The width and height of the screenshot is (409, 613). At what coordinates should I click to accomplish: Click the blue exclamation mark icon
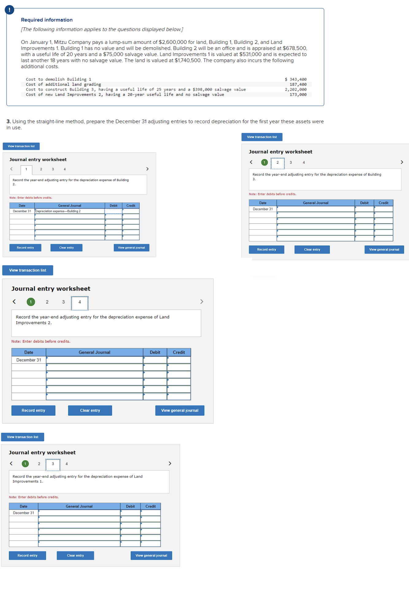point(9,10)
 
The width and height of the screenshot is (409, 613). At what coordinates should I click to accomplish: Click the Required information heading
point(47,20)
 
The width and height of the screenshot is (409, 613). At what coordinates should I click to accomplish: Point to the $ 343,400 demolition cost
point(295,79)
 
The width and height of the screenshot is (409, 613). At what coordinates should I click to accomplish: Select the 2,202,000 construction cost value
point(295,89)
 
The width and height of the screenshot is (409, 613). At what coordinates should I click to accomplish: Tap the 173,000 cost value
point(298,95)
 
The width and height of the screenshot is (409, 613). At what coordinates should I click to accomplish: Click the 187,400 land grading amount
point(298,85)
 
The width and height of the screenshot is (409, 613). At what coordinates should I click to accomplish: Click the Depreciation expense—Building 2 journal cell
point(69,211)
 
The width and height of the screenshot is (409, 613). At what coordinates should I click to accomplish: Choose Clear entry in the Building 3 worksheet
point(312,249)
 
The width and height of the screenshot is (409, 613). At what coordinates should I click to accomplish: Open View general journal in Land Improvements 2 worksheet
point(179,410)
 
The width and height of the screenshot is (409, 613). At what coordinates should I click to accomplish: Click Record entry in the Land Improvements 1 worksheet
point(27,555)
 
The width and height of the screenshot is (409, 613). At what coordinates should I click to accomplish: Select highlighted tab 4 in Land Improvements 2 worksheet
point(79,302)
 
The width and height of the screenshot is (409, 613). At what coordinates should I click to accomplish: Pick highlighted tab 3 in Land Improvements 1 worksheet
point(53,464)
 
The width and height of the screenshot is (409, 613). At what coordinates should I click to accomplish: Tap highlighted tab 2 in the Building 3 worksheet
point(277,163)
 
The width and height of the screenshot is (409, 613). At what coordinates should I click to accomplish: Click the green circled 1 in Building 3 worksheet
point(264,162)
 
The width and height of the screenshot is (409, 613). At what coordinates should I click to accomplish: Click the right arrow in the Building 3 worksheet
point(402,162)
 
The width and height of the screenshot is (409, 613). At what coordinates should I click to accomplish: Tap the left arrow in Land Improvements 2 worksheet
point(14,302)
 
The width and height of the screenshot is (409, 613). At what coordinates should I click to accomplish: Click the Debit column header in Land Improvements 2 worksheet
point(155,352)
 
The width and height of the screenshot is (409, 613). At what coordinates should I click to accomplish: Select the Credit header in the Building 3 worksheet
point(383,203)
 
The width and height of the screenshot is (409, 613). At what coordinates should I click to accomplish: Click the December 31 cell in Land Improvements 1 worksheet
point(23,513)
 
